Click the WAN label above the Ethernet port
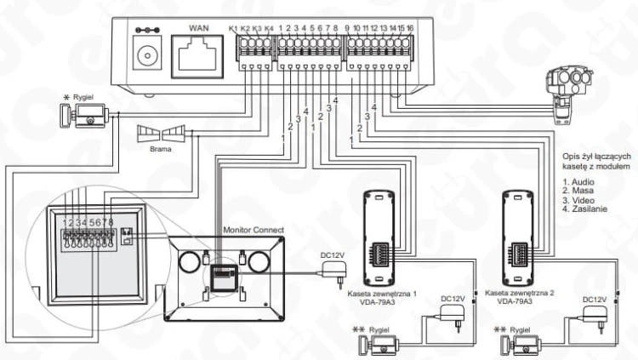point(198,28)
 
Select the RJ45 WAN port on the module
point(197,56)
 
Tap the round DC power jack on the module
point(147,54)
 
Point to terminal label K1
point(233,28)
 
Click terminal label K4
point(269,28)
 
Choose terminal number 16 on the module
point(410,28)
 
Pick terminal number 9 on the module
point(347,28)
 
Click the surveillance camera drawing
point(568,95)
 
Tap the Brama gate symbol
point(161,133)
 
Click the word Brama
point(160,149)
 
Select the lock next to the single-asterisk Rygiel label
point(85,116)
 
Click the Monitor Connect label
point(253,230)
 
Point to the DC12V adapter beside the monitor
point(334,272)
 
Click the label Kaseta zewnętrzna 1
point(382,294)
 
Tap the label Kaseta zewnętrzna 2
point(519,293)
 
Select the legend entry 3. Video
point(578,200)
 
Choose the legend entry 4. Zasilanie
point(584,209)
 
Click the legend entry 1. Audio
point(578,181)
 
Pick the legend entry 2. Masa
point(578,191)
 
